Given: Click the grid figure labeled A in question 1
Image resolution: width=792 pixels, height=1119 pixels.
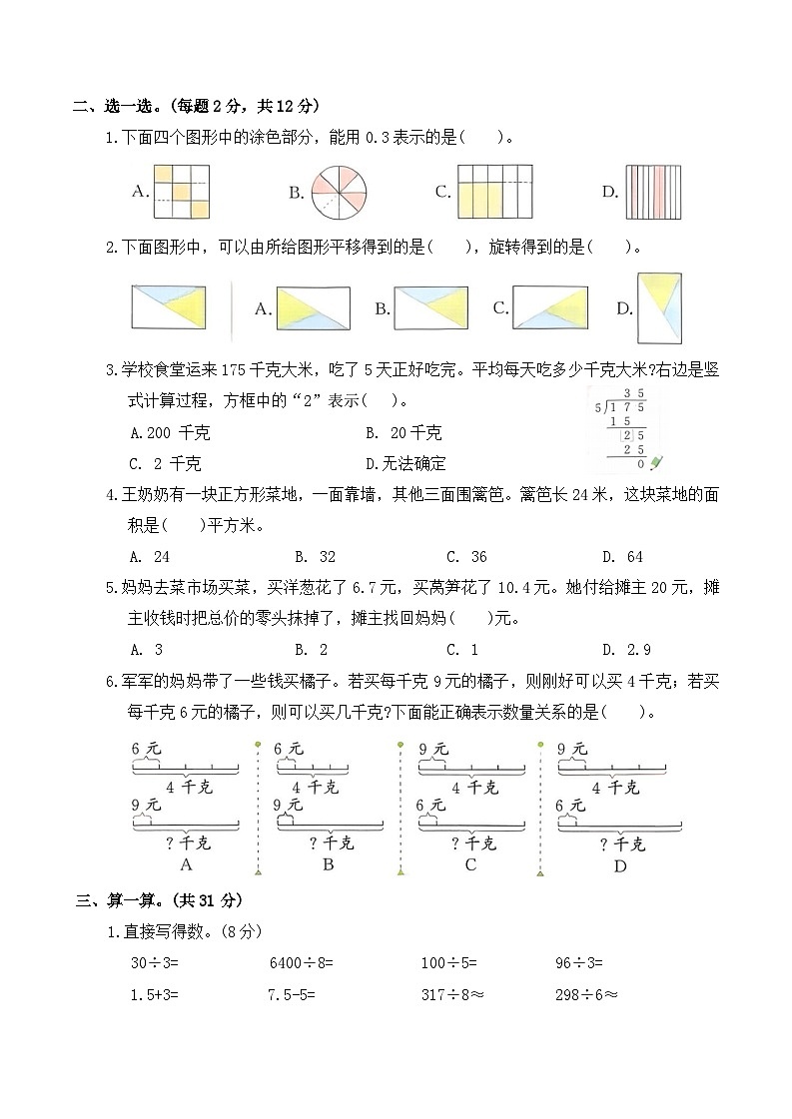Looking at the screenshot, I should point(182,192).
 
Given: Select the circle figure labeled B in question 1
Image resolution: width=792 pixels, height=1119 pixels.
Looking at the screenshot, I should point(340,193).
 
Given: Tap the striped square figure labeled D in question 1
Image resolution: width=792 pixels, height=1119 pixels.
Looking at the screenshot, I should point(655,192).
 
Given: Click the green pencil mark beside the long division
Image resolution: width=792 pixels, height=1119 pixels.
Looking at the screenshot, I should point(656,462).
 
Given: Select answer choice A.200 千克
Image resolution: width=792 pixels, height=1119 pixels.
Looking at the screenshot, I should point(171,433).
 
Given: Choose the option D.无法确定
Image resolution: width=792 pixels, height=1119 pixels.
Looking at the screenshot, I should point(405,463).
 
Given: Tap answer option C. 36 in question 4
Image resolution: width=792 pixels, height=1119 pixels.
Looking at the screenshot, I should point(466,557).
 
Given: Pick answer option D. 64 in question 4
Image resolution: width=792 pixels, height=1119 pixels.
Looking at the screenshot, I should point(622,557).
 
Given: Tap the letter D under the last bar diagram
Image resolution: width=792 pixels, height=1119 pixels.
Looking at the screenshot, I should point(619,865).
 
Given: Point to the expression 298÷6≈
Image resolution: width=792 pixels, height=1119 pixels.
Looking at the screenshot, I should point(586,994).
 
